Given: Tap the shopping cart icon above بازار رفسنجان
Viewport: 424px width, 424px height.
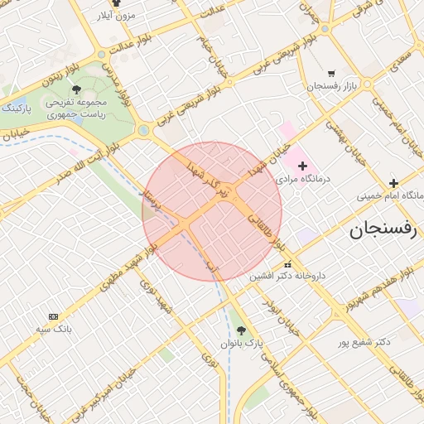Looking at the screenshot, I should [x=332, y=73].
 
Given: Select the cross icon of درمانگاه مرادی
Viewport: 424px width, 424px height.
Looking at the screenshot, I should [x=302, y=166].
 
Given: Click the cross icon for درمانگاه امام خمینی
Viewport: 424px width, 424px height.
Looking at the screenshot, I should [x=393, y=183].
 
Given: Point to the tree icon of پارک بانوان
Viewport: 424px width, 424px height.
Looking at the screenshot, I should [x=241, y=330].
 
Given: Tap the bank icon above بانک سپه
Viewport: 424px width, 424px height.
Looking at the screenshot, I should [x=54, y=316].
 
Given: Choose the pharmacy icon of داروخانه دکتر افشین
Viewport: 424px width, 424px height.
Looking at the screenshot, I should [x=287, y=264].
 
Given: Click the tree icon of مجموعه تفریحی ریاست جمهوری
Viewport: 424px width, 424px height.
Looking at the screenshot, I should [x=77, y=89].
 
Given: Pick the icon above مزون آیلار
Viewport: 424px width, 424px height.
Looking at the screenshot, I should [x=116, y=3].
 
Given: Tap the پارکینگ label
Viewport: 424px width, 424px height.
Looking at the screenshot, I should [x=16, y=108].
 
